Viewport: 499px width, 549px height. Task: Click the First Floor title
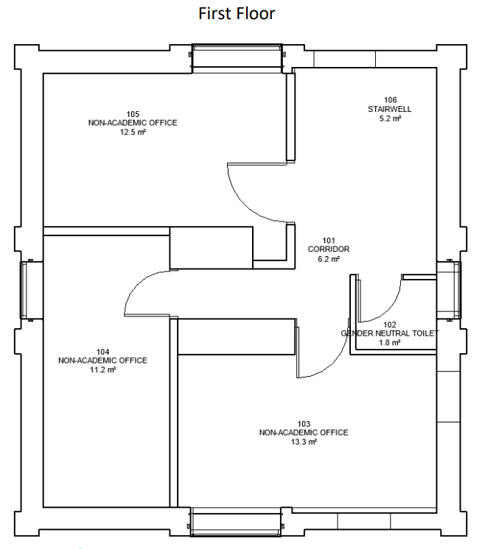coord(237,14)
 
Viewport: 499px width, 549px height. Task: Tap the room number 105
coord(133,114)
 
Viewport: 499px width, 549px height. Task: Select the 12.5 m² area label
coord(133,132)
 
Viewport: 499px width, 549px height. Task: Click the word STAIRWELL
coord(390,109)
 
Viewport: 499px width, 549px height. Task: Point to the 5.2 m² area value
coord(390,118)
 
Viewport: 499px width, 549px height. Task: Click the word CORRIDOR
coord(329,249)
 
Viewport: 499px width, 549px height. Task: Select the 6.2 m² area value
coord(329,259)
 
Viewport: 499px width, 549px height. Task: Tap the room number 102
coord(390,325)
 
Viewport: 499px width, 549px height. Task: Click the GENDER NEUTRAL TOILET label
coord(390,333)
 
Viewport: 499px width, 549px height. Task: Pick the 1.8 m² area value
coord(390,342)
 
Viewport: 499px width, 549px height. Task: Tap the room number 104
coord(102,352)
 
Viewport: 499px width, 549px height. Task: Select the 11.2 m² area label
coord(102,369)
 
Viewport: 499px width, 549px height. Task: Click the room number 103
coord(304,424)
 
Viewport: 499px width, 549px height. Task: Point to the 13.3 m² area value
coord(304,442)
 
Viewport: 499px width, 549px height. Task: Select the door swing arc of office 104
coord(136,282)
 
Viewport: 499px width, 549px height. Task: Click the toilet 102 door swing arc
coord(390,309)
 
